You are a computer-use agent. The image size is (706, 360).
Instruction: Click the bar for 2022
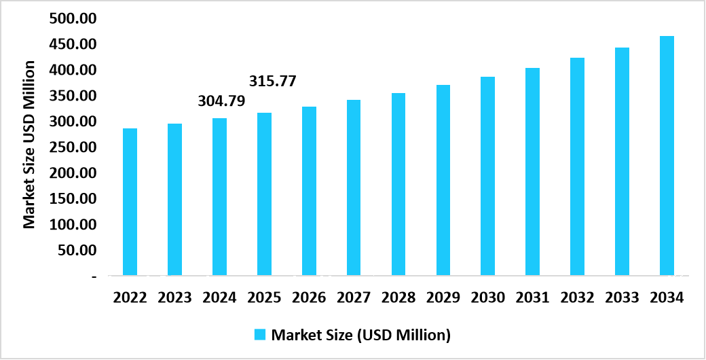pyautogui.click(x=130, y=202)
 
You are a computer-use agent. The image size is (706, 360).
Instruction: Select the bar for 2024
pyautogui.click(x=219, y=197)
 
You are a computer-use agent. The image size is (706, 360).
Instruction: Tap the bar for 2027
pyautogui.click(x=353, y=187)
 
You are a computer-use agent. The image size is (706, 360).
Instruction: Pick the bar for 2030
pyautogui.click(x=487, y=176)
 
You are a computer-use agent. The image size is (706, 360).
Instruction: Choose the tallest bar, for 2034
pyautogui.click(x=667, y=156)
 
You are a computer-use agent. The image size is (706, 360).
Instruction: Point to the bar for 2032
pyautogui.click(x=577, y=166)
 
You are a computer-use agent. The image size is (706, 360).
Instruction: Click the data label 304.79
pyautogui.click(x=221, y=101)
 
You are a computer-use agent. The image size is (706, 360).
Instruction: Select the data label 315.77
pyautogui.click(x=273, y=81)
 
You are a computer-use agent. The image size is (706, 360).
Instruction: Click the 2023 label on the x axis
pyautogui.click(x=174, y=298)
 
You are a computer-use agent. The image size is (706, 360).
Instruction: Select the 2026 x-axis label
pyautogui.click(x=309, y=298)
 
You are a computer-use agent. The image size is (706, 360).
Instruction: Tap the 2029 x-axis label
pyautogui.click(x=443, y=298)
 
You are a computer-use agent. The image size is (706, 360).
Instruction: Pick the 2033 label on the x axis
pyautogui.click(x=622, y=298)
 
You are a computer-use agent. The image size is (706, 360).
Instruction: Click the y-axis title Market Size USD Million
pyautogui.click(x=29, y=144)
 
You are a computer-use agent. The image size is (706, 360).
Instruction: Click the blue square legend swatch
pyautogui.click(x=260, y=334)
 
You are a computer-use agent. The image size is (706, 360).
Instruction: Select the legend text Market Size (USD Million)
pyautogui.click(x=360, y=334)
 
